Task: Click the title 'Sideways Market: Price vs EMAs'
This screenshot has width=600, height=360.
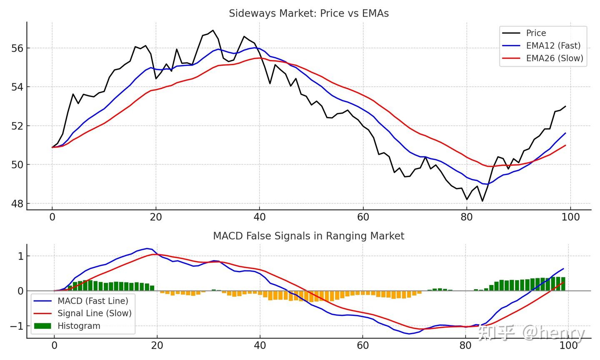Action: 309,13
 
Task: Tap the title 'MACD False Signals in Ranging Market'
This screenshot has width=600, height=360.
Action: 308,236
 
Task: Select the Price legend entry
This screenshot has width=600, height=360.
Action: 536,33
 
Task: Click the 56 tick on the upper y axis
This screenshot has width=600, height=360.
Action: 17,48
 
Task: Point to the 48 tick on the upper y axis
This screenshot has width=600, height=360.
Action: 17,204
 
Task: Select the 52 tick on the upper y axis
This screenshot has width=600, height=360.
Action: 17,126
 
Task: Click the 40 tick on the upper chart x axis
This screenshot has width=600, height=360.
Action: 259,217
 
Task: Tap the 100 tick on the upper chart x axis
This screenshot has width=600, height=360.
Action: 570,217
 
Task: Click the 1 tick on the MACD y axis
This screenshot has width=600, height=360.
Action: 20,256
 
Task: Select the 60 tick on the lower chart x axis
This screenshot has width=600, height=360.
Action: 363,345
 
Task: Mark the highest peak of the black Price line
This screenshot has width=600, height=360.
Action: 213,30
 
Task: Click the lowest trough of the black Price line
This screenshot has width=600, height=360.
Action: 482,201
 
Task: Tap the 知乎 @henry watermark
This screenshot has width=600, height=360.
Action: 531,333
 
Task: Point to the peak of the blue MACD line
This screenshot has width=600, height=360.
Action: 147,248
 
